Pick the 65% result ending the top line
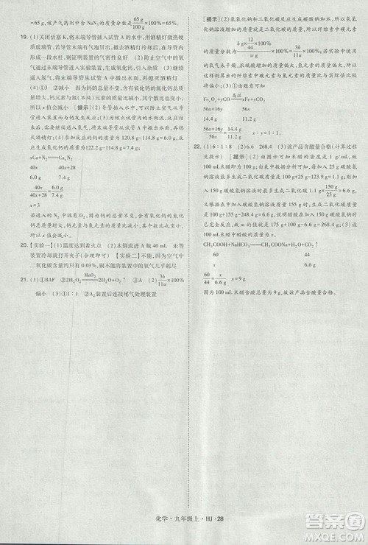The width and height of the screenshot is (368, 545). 166,24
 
